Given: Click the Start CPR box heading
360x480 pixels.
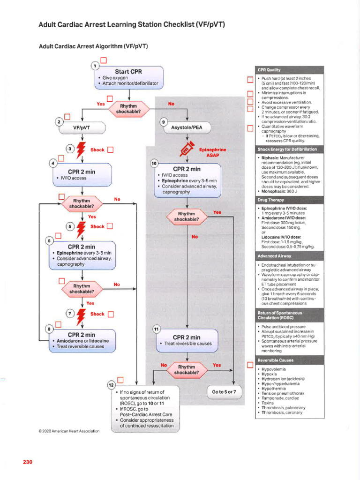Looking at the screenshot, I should [x=128, y=72].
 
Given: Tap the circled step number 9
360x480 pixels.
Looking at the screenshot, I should [x=163, y=122].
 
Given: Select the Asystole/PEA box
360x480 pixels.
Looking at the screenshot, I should [x=187, y=127].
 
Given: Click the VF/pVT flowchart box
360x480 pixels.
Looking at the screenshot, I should [x=82, y=127].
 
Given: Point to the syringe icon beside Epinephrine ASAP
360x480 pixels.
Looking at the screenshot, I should [x=187, y=150].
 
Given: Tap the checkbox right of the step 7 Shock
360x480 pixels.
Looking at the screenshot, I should [x=111, y=315].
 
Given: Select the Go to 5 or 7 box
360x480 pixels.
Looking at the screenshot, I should [x=224, y=391].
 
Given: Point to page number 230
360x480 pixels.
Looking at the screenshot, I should [x=27, y=462].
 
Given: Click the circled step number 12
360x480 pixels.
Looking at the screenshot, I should [x=112, y=385].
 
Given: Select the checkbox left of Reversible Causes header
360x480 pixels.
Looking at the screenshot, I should [x=250, y=365].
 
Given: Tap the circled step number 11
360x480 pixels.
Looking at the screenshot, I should [x=156, y=329].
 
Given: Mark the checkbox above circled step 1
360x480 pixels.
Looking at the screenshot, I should [x=104, y=60].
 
